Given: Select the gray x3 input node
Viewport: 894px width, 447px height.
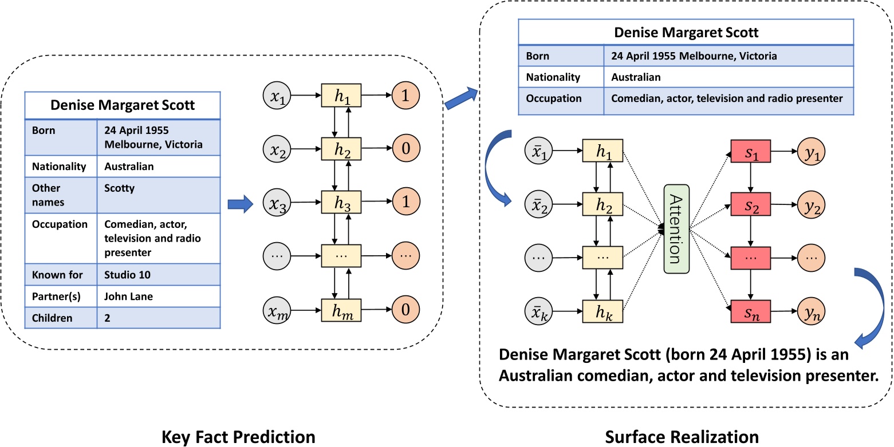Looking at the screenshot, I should click(277, 203).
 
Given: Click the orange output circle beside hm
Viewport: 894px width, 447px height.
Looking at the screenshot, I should click(406, 310).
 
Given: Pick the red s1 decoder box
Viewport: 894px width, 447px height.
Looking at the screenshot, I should click(751, 152).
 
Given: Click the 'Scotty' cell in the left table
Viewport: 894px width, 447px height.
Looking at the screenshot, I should click(119, 188).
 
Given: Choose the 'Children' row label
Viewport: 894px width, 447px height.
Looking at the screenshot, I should click(53, 318).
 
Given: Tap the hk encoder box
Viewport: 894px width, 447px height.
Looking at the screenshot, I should click(602, 311).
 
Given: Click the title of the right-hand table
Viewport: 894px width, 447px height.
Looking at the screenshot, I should click(686, 33).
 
